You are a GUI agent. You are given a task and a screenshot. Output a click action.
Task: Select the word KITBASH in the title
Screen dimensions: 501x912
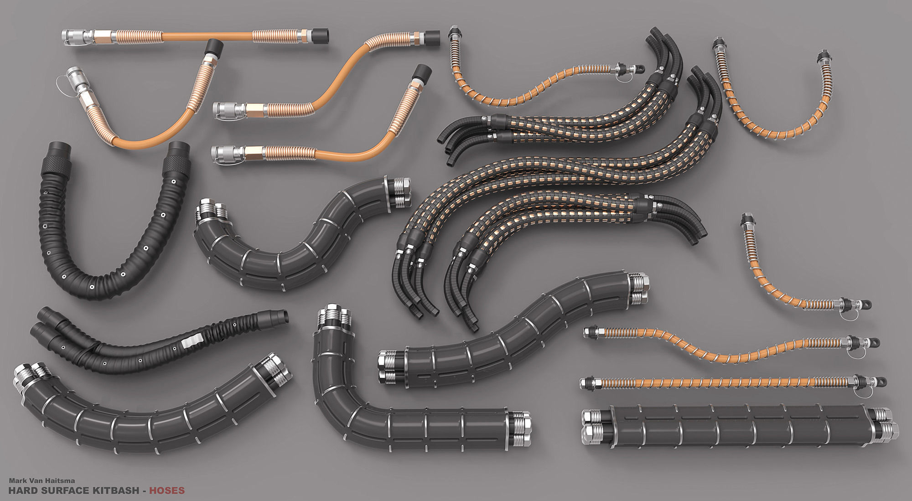coord(119,491)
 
